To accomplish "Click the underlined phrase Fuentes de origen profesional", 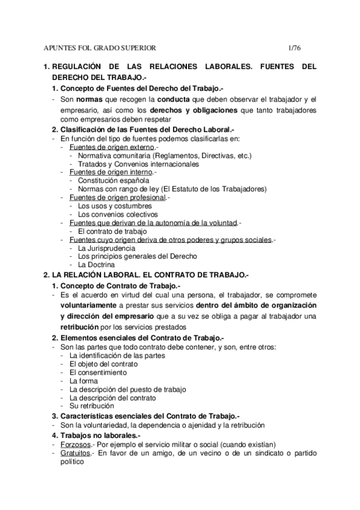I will point(117,197).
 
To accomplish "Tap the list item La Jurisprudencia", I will point(106,247).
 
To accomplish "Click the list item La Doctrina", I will point(96,264).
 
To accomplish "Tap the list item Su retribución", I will point(91,405).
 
